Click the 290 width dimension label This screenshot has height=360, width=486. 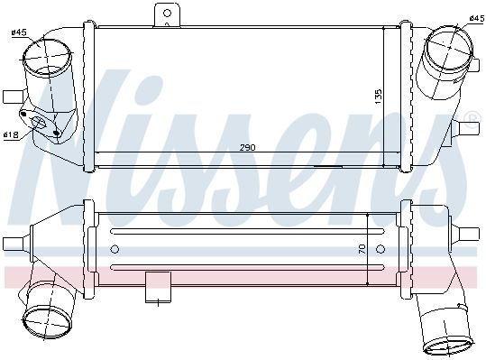coord(247,147)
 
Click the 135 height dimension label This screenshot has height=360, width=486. coord(378,97)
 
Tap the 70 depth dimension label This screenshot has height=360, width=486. coord(362,249)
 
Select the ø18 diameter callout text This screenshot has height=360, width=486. coord(11,134)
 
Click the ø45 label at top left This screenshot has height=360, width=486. coord(19,32)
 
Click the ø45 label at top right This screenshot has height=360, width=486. coord(477,18)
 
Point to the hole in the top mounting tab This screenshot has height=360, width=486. coord(167,13)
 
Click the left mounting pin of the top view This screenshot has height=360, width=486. coord(13,97)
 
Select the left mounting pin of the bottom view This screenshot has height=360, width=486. coord(13,244)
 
